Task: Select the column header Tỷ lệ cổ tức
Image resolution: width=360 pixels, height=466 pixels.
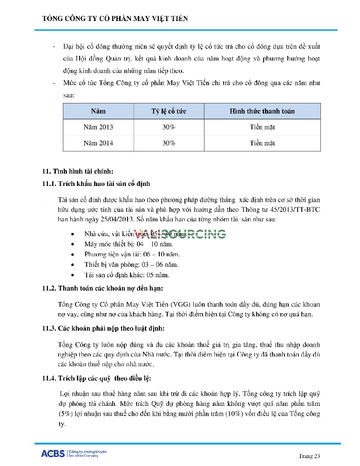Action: coord(169,111)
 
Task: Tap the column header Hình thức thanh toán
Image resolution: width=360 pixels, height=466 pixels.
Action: coord(262,111)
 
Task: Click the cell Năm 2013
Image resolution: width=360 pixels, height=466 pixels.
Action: coord(98,127)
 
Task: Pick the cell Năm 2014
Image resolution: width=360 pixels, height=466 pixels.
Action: coord(98,143)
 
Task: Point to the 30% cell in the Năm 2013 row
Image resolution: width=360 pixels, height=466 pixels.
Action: coord(169,127)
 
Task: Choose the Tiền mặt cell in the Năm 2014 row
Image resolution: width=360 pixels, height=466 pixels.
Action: coord(262,143)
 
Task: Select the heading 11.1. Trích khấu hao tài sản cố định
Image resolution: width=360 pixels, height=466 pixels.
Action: coord(96,184)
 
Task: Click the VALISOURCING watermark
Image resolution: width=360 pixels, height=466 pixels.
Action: coord(180,234)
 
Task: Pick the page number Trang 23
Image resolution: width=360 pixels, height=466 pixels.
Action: coord(309,456)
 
